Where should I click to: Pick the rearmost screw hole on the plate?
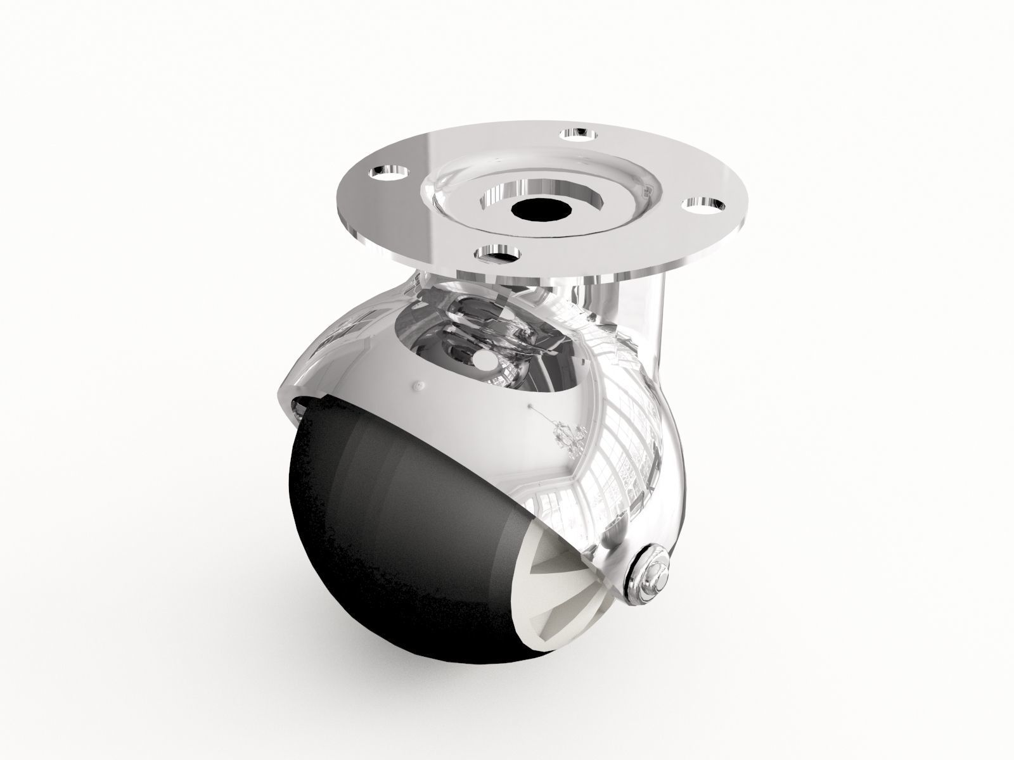(578, 132)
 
